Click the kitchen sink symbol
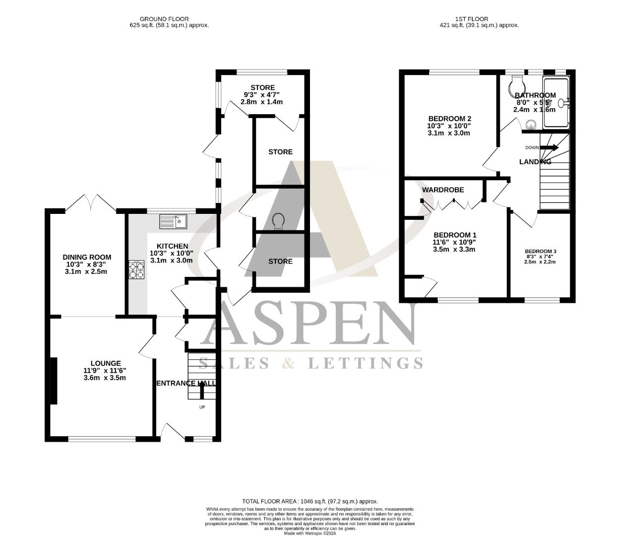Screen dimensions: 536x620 click(x=173, y=221)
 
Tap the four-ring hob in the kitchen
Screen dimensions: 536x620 click(x=137, y=269)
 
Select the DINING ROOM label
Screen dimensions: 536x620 click(x=87, y=257)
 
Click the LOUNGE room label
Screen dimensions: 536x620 click(x=105, y=363)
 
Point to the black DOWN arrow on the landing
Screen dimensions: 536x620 click(x=549, y=147)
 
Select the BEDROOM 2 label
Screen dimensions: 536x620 click(x=449, y=119)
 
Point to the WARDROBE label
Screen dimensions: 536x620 click(x=443, y=190)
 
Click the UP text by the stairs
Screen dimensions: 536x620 click(x=202, y=407)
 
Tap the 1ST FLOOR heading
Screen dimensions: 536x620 click(x=479, y=19)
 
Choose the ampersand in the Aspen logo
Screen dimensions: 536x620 click(x=288, y=363)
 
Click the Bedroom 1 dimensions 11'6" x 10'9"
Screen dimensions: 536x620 click(x=454, y=242)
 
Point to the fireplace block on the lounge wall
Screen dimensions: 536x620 click(x=53, y=381)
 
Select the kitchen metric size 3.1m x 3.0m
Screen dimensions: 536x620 click(x=172, y=260)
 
